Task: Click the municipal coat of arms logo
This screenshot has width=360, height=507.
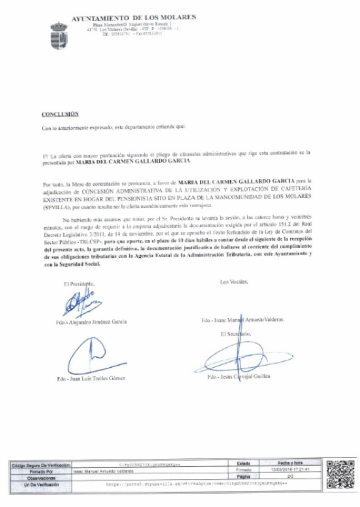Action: click(x=59, y=35)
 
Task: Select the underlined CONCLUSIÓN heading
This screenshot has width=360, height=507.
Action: click(x=60, y=114)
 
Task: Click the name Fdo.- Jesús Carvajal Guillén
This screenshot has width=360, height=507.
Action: click(x=244, y=377)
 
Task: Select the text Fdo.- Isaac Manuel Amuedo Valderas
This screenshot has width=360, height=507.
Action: click(x=242, y=320)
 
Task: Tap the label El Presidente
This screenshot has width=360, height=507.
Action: click(x=79, y=284)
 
